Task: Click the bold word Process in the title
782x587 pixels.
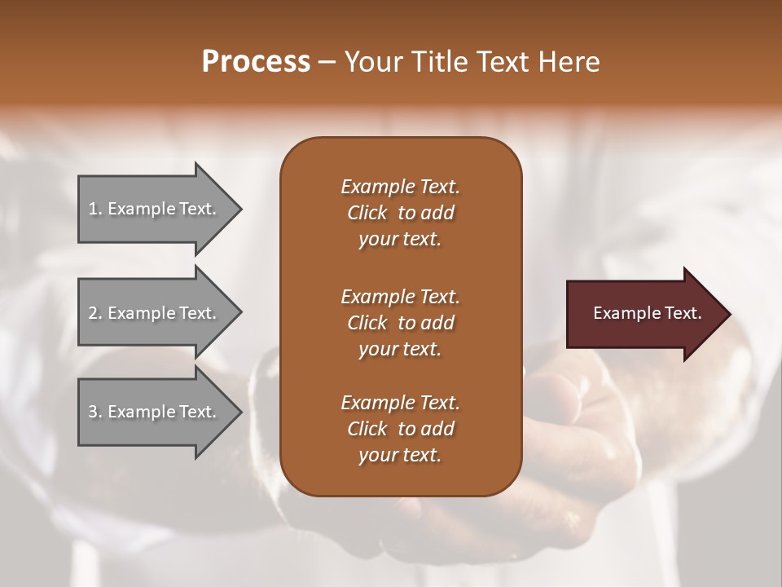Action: click(x=256, y=62)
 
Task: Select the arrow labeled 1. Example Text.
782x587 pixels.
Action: click(x=155, y=209)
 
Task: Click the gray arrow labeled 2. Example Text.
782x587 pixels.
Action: click(x=155, y=313)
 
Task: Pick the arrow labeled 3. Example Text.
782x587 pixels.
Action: click(x=155, y=412)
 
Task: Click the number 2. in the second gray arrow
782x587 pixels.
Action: click(x=95, y=313)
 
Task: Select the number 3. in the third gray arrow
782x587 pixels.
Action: click(x=95, y=412)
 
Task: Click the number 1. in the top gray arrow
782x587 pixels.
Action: click(x=95, y=209)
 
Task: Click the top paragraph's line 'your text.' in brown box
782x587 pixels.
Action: click(x=400, y=240)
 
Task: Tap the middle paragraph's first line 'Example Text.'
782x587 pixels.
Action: click(x=400, y=296)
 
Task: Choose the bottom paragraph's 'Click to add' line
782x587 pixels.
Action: click(x=400, y=429)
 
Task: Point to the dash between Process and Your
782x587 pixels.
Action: click(x=327, y=62)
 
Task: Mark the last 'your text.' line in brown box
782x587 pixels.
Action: click(x=400, y=456)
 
